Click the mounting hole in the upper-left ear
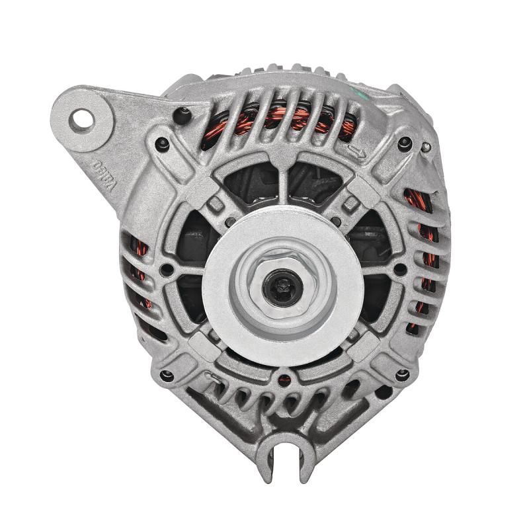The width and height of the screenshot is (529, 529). click(83, 119)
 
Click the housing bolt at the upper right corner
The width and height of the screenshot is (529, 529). click(405, 144)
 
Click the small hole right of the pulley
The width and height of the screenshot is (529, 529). click(399, 269)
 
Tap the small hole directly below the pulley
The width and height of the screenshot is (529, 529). click(284, 380)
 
